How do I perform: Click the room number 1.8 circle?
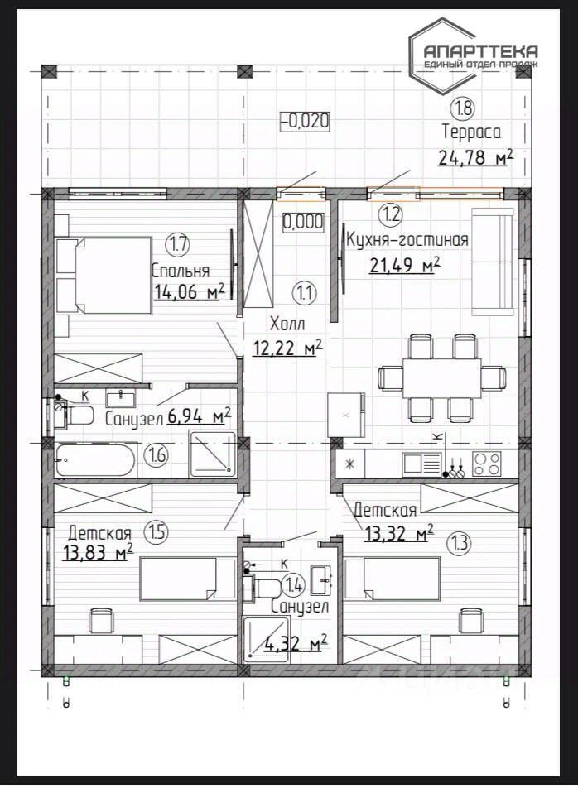point(464,108)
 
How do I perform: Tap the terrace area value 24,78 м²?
point(476,158)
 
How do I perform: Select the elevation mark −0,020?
point(305,121)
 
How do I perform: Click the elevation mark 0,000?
point(303,222)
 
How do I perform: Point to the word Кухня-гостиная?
point(407,240)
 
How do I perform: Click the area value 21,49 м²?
point(405,264)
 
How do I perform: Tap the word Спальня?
point(181,271)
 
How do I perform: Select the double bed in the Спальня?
point(104,276)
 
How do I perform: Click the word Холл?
point(287,323)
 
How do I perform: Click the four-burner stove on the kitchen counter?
point(487,464)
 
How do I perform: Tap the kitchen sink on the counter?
point(421,463)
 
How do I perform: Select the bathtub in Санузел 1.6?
point(95,460)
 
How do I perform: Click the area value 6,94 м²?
point(199,416)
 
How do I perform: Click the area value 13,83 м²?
point(99,553)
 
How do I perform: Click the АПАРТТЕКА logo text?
point(480,50)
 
